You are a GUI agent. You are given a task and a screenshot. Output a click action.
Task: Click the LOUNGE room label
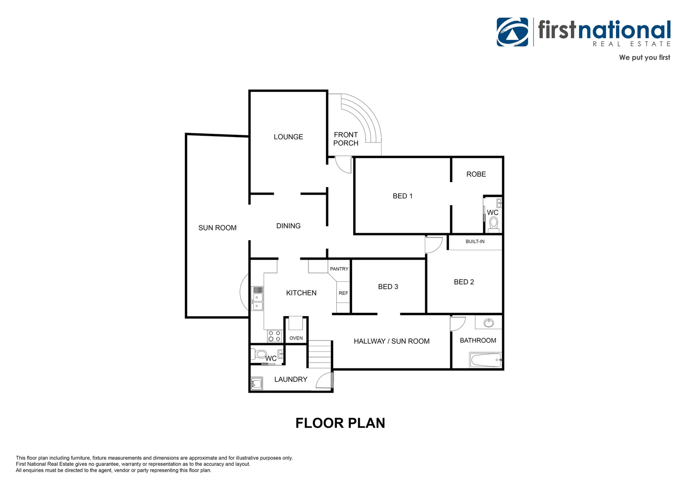coord(288,137)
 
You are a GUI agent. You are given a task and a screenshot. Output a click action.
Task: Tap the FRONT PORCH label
coord(346,139)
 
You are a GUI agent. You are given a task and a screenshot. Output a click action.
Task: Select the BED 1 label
coord(402,196)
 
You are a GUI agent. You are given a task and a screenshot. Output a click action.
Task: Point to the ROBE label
coord(476,174)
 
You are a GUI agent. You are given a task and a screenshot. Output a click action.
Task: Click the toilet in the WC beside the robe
coord(494,224)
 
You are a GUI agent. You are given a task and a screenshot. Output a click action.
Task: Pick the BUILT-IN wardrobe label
coord(475,242)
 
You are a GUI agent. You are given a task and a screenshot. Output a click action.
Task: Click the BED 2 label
coord(464,282)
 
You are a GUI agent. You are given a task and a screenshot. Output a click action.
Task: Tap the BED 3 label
coord(388,287)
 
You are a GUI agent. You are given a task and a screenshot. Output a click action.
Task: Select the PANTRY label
coord(339,269)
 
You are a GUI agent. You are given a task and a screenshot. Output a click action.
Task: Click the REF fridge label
coord(343,293)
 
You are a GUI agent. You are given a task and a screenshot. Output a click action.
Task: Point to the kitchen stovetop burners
coord(274,336)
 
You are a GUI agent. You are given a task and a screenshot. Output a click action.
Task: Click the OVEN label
coord(296,338)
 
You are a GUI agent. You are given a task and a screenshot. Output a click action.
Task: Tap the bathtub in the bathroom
coord(486,360)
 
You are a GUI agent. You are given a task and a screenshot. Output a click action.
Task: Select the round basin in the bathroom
coord(488,323)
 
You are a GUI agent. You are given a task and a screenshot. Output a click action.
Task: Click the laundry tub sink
coord(257,384)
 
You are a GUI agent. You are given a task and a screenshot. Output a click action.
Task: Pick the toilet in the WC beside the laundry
coord(259,354)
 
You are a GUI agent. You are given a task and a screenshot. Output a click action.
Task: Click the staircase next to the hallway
coord(320,354)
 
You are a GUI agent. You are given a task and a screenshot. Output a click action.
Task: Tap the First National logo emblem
coord(512,32)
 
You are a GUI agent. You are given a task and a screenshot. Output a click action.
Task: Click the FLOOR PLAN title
coord(340,423)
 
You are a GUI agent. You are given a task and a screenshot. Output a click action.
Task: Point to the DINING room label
coord(288,226)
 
